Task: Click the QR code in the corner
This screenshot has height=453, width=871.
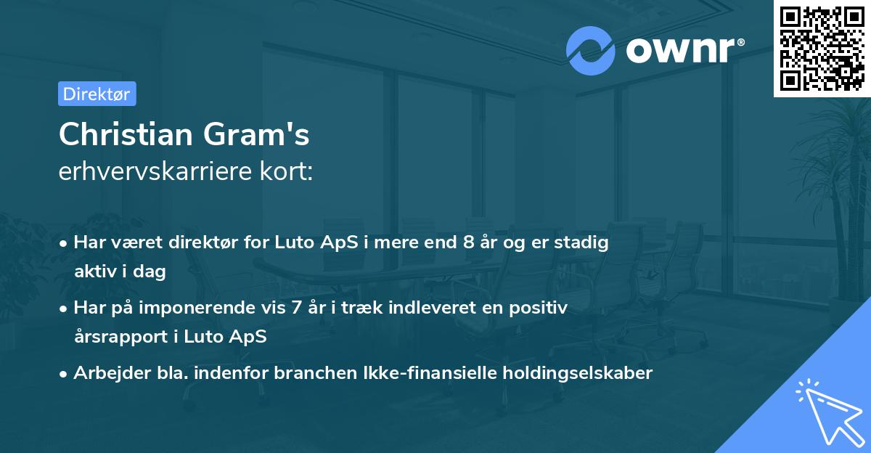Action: pyautogui.click(x=821, y=49)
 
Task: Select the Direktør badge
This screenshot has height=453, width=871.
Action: pyautogui.click(x=97, y=94)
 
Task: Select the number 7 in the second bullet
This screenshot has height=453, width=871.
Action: pyautogui.click(x=296, y=308)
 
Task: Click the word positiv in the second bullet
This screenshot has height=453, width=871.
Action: pyautogui.click(x=538, y=308)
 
